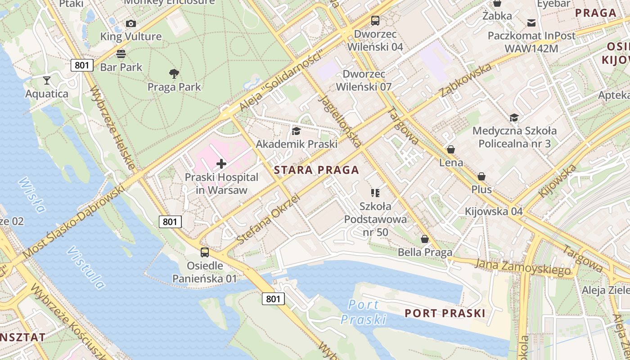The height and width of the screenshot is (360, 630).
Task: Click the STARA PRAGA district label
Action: (x=316, y=170)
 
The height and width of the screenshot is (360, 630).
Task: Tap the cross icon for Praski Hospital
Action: (x=221, y=164)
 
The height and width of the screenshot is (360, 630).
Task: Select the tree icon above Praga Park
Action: (x=174, y=73)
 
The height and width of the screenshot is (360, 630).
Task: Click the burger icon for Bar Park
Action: (x=121, y=54)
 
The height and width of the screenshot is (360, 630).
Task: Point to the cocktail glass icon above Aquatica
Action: (x=47, y=81)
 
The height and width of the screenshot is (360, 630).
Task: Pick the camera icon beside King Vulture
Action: (x=131, y=23)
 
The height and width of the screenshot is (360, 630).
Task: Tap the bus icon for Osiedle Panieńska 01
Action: (x=205, y=252)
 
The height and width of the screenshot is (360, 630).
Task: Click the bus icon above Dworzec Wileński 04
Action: (x=375, y=20)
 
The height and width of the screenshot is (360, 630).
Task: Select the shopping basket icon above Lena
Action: (x=451, y=149)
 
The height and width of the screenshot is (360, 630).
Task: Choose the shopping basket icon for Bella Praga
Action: (x=425, y=239)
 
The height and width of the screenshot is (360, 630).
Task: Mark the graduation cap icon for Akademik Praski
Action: (x=296, y=131)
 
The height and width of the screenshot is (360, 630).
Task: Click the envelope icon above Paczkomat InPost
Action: (x=531, y=22)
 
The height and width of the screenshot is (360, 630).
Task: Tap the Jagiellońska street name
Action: (x=340, y=121)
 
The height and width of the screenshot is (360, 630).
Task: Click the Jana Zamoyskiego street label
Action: (x=522, y=267)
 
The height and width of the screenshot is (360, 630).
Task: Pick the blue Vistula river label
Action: (x=85, y=268)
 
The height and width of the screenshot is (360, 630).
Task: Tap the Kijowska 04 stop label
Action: (x=494, y=211)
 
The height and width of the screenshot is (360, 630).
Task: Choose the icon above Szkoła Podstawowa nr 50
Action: (x=375, y=193)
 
